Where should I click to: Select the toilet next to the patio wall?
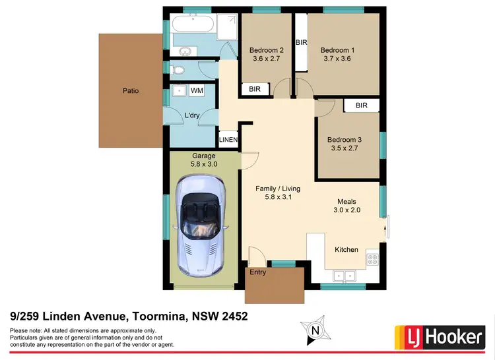click(178, 69)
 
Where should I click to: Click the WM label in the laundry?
click(197, 90)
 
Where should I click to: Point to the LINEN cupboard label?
click(228, 139)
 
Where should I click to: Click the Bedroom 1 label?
click(337, 50)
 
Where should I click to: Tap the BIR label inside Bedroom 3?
click(361, 105)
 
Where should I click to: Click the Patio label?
click(130, 91)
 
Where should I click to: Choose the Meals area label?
click(348, 202)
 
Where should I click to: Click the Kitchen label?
click(346, 250)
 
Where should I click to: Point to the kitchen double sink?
click(345, 276)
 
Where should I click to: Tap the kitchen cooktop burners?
click(373, 259)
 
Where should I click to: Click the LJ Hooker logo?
click(440, 337)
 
